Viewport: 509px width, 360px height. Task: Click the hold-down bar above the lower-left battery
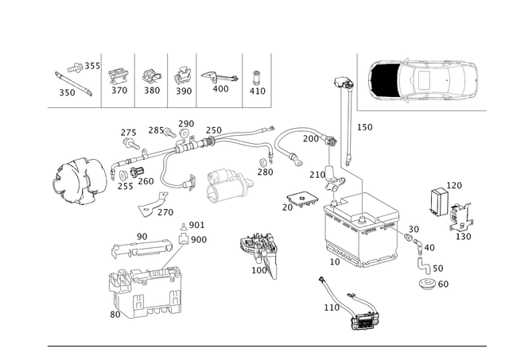click(147, 242)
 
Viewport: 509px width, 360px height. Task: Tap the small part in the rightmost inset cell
click(256, 78)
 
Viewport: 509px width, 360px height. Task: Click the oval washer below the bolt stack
click(430, 281)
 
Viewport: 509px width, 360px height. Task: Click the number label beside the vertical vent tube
click(363, 126)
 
